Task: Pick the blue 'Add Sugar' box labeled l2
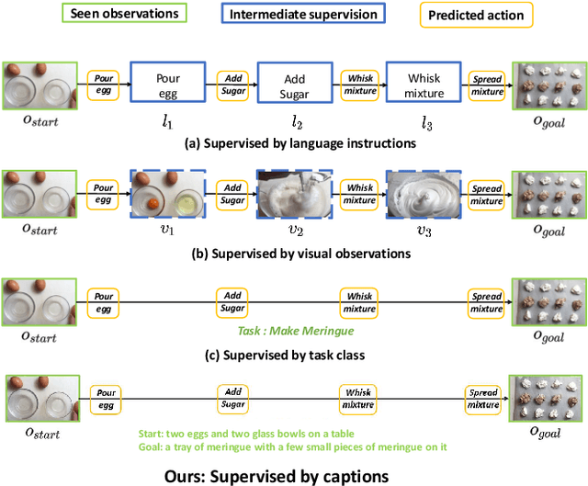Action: click(293, 86)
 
